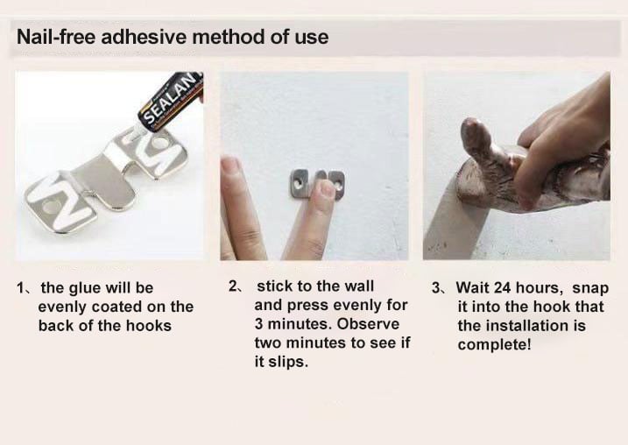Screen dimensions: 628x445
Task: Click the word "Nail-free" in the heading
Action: (x=56, y=37)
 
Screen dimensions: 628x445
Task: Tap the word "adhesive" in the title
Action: (x=144, y=37)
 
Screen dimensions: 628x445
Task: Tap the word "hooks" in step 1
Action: (x=149, y=326)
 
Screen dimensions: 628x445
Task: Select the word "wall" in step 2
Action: (x=359, y=286)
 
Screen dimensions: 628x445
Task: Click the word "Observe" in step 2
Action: (x=368, y=323)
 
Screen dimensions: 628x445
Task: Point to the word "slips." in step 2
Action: (x=288, y=362)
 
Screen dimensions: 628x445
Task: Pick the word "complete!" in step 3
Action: (x=494, y=345)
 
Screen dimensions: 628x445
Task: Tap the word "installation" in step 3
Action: (x=526, y=326)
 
